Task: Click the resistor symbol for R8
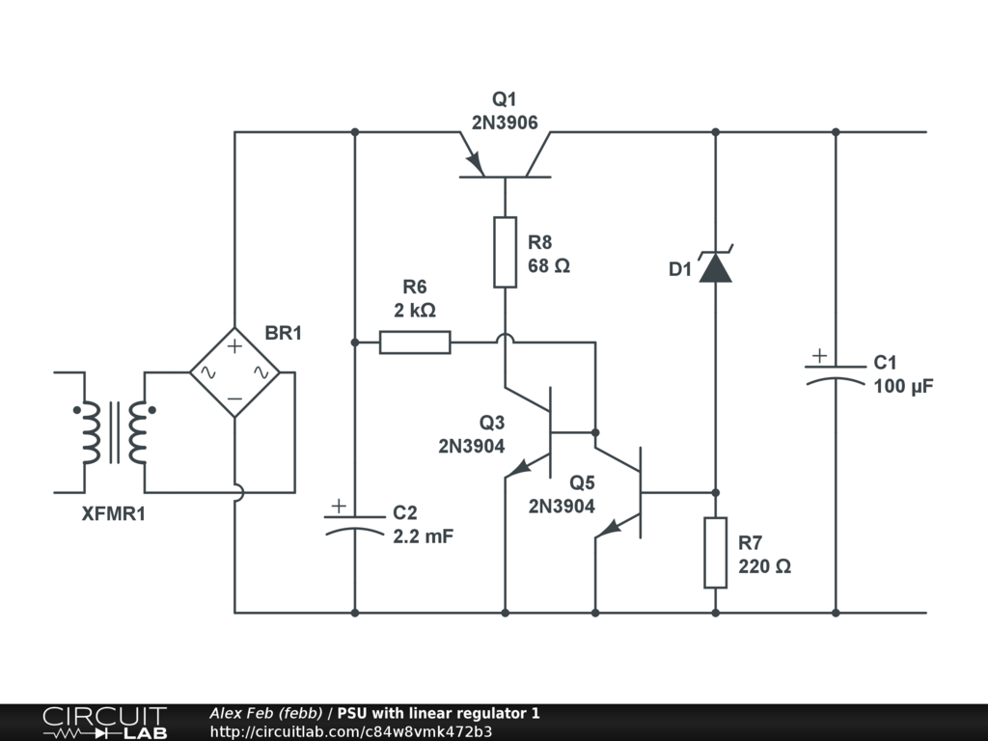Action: pos(505,252)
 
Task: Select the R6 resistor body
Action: pos(415,342)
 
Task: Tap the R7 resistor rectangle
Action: pos(715,552)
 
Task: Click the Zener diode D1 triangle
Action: pos(715,267)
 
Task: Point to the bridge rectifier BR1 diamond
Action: pos(234,371)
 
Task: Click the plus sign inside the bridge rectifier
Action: pos(234,344)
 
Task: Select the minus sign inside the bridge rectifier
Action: pos(234,398)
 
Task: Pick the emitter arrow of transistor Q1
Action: pos(471,156)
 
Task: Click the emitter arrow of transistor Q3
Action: pos(520,467)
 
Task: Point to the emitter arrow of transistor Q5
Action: pos(610,527)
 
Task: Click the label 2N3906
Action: pos(505,123)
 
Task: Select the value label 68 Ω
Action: pos(549,266)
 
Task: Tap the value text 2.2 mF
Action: pos(423,537)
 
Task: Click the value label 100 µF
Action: pos(904,387)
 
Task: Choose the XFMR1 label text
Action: pos(114,514)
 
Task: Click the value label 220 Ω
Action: pos(764,566)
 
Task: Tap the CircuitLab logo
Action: pos(104,723)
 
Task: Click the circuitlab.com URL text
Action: pos(351,731)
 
